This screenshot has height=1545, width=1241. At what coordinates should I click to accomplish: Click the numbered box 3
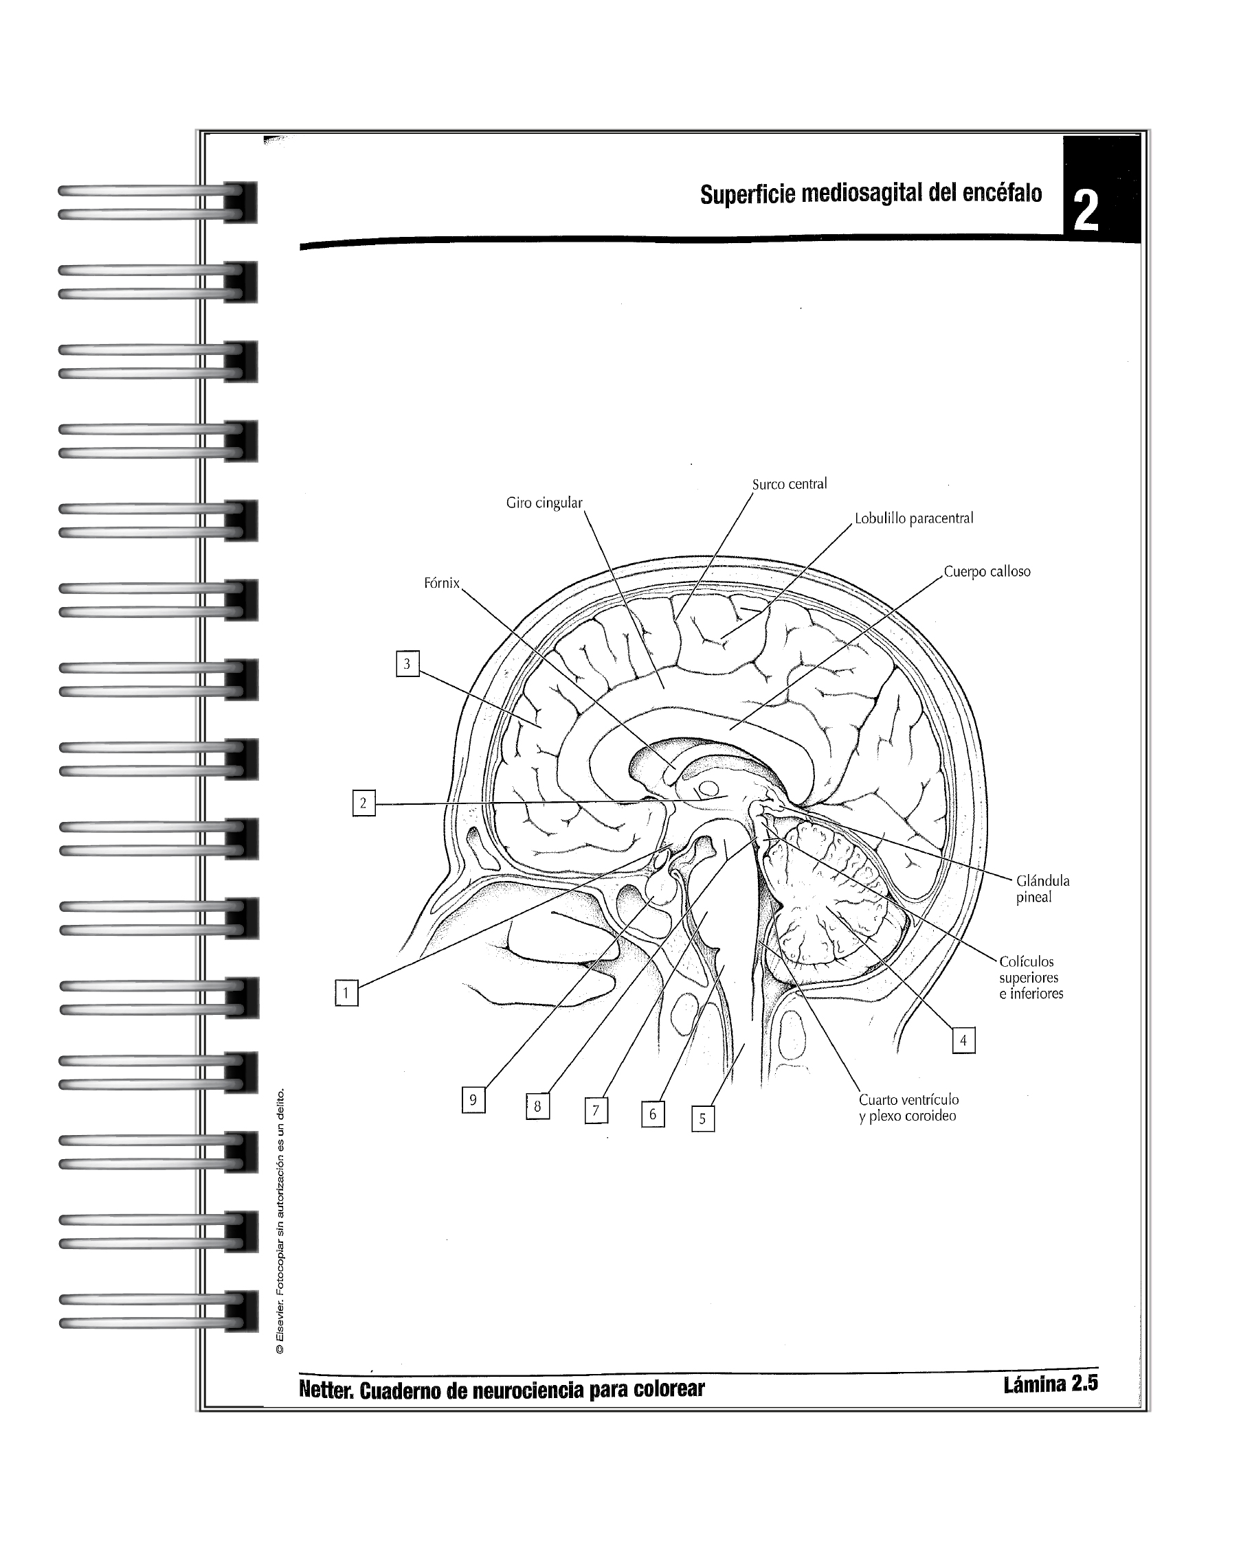407,663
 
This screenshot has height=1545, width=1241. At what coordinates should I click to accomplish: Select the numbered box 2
364,803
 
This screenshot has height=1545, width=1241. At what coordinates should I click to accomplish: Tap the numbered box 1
346,993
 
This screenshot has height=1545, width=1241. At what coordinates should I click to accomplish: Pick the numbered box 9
473,1100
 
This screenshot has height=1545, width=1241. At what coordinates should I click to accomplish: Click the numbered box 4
963,1040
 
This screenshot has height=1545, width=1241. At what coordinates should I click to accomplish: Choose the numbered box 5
702,1119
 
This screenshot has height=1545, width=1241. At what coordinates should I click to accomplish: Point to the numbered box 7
596,1112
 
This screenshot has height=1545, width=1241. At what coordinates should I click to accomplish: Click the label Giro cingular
544,503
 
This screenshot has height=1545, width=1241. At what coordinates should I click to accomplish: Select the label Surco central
789,484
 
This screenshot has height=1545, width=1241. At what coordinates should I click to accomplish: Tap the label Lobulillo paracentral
913,518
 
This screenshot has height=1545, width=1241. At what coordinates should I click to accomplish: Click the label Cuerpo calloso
987,572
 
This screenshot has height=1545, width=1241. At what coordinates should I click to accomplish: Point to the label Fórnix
441,583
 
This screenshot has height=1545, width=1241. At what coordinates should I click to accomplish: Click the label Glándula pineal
1042,889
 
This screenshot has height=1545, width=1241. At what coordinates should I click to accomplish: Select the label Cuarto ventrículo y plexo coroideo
908,1108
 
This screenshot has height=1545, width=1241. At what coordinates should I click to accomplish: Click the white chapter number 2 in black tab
1086,211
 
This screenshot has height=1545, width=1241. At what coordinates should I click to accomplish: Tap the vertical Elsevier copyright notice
280,1221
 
